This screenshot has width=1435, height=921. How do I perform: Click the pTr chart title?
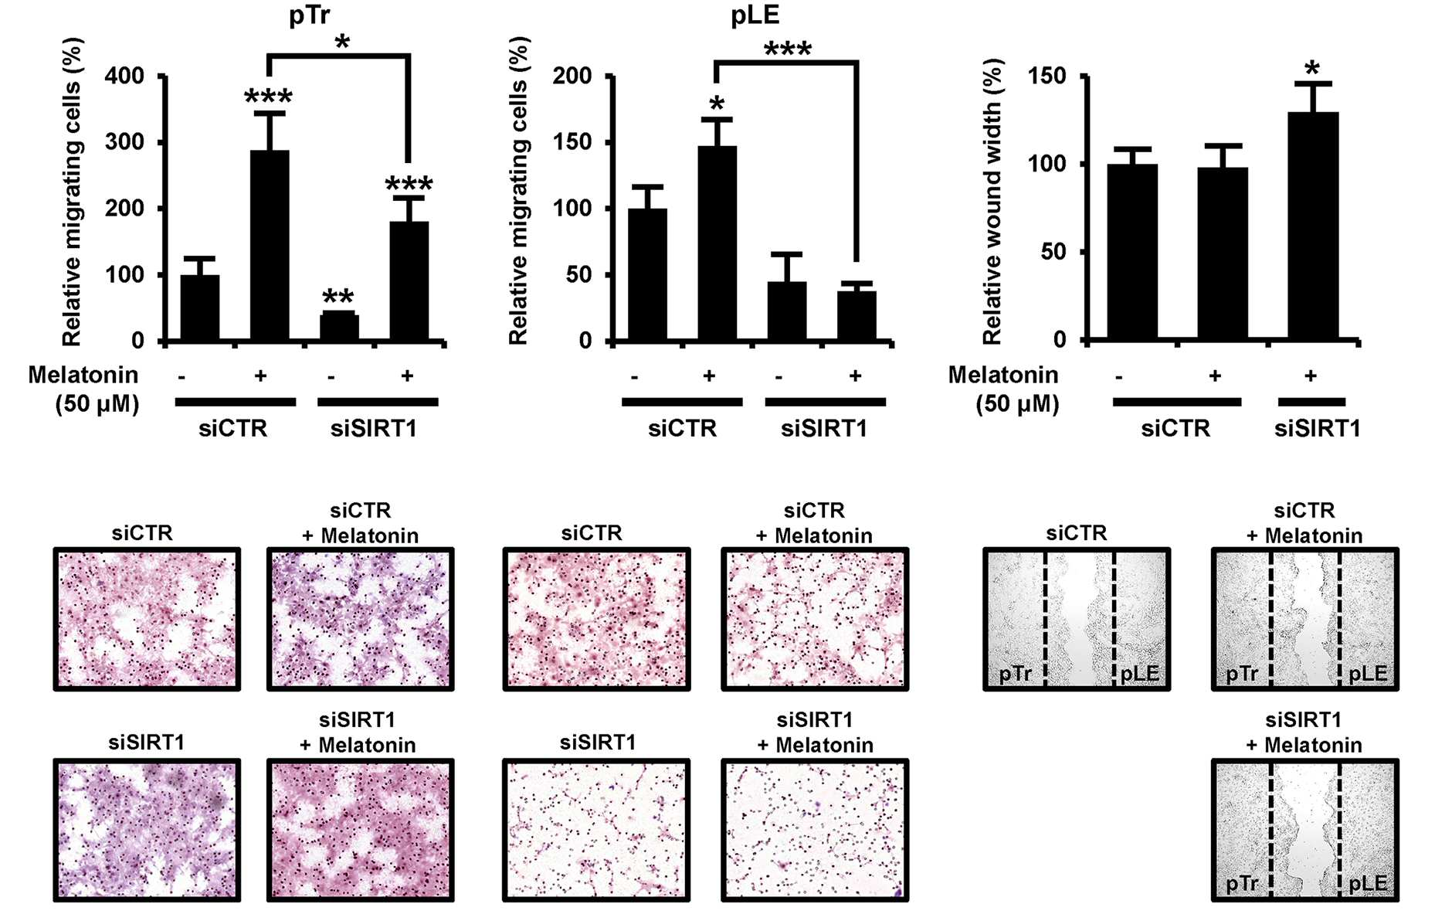pyautogui.click(x=310, y=15)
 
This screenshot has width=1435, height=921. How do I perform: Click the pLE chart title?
pyautogui.click(x=755, y=15)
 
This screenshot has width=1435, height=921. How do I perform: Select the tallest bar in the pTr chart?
pyautogui.click(x=270, y=246)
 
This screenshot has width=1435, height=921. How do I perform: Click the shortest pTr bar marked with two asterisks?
pyautogui.click(x=339, y=327)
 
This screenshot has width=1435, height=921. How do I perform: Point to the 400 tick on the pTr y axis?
pyautogui.click(x=125, y=76)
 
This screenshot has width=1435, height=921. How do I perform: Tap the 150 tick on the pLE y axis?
pyautogui.click(x=572, y=142)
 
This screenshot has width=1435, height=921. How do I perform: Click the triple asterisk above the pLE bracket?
pyautogui.click(x=788, y=50)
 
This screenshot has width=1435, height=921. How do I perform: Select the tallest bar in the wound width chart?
pyautogui.click(x=1313, y=226)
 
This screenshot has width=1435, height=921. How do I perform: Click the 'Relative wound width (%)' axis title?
pyautogui.click(x=992, y=202)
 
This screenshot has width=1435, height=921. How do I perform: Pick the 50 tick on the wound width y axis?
pyautogui.click(x=1053, y=252)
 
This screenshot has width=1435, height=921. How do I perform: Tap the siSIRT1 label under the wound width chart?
pyautogui.click(x=1318, y=428)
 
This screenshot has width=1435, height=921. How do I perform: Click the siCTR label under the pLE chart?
pyautogui.click(x=682, y=428)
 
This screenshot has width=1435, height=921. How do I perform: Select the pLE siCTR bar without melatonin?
pyautogui.click(x=648, y=275)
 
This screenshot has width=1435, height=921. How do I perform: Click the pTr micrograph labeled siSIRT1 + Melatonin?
pyautogui.click(x=360, y=830)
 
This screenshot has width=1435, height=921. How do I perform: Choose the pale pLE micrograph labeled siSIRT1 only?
pyautogui.click(x=596, y=830)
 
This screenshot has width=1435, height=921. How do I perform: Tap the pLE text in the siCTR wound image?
pyautogui.click(x=1140, y=674)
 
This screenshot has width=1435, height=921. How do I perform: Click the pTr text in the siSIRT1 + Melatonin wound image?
pyautogui.click(x=1242, y=883)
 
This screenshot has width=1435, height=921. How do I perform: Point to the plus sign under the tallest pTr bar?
pyautogui.click(x=261, y=376)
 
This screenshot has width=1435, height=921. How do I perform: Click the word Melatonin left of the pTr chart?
pyautogui.click(x=83, y=375)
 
